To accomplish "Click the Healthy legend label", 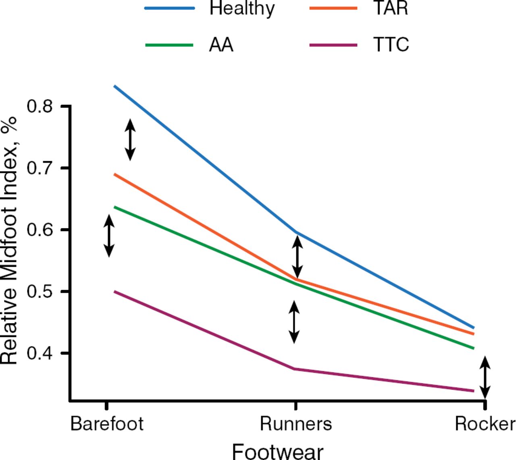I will pyautogui.click(x=242, y=9).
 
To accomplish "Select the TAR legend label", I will pyautogui.click(x=390, y=9).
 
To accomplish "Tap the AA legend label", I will pyautogui.click(x=221, y=45).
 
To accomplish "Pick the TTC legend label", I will pyautogui.click(x=391, y=45).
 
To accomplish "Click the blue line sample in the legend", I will pyautogui.click(x=170, y=8).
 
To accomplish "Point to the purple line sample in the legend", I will pyautogui.click(x=333, y=45).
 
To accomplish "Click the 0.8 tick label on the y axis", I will pyautogui.click(x=40, y=106).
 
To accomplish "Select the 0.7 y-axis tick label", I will pyautogui.click(x=40, y=168).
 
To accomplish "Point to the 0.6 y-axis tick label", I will pyautogui.click(x=40, y=230).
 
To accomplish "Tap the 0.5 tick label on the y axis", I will pyautogui.click(x=40, y=291).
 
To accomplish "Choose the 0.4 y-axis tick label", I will pyautogui.click(x=40, y=353).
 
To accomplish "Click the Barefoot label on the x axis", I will pyautogui.click(x=107, y=424).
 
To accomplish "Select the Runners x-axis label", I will pyautogui.click(x=296, y=424).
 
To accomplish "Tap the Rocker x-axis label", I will pyautogui.click(x=485, y=424).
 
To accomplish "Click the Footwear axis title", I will pyautogui.click(x=278, y=451).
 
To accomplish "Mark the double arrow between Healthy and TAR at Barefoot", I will pyautogui.click(x=130, y=139).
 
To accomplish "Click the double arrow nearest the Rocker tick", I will pyautogui.click(x=485, y=377).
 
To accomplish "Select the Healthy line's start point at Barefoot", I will pyautogui.click(x=115, y=86).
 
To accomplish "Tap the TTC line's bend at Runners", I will pyautogui.click(x=295, y=369).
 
